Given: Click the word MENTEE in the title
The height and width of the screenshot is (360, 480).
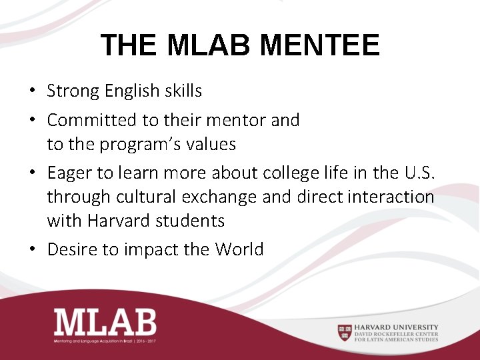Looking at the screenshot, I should coord(320,45).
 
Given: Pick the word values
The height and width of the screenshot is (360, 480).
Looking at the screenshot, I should coord(212,144).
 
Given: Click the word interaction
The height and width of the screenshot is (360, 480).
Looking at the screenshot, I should coord(394,197).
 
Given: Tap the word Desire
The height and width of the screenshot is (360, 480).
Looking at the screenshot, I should coord(72,249).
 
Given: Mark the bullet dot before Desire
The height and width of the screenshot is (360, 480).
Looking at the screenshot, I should coord(33,251).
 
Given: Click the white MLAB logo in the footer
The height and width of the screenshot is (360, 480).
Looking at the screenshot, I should coord(105,322).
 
